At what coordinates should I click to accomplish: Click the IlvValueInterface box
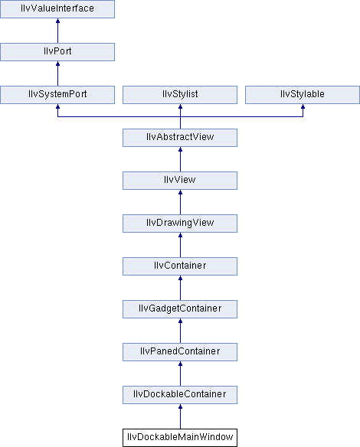pyautogui.click(x=57, y=9)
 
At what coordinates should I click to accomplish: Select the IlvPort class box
pyautogui.click(x=57, y=52)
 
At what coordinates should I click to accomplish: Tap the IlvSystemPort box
pyautogui.click(x=57, y=95)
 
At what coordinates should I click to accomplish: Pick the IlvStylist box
pyautogui.click(x=180, y=95)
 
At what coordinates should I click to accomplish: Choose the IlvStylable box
pyautogui.click(x=303, y=95)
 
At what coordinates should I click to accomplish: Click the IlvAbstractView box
pyautogui.click(x=180, y=138)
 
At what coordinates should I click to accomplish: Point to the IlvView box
pyautogui.click(x=180, y=181)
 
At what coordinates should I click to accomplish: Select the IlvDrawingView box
pyautogui.click(x=180, y=223)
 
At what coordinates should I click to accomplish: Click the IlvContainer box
pyautogui.click(x=180, y=266)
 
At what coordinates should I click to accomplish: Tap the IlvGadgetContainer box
pyautogui.click(x=180, y=309)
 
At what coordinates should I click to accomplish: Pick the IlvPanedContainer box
pyautogui.click(x=180, y=352)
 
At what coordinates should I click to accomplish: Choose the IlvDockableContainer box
pyautogui.click(x=180, y=395)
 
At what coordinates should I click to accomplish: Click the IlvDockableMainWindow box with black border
pyautogui.click(x=180, y=438)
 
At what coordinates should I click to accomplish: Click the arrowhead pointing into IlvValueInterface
pyautogui.click(x=58, y=21)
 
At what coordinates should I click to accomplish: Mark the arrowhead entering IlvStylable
pyautogui.click(x=303, y=106)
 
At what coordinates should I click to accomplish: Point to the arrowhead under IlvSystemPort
pyautogui.click(x=58, y=106)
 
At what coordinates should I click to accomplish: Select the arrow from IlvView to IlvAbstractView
pyautogui.click(x=180, y=159)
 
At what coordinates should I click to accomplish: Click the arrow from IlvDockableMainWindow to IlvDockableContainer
pyautogui.click(x=180, y=416)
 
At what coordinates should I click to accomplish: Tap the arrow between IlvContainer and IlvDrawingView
pyautogui.click(x=180, y=245)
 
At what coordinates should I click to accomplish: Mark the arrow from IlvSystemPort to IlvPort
pyautogui.click(x=58, y=73)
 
